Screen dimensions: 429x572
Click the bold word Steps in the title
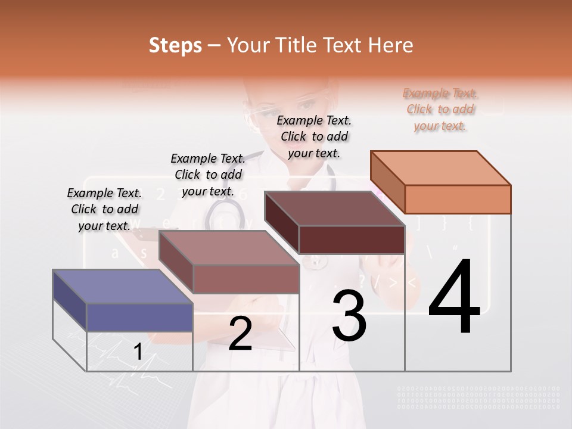point(175,45)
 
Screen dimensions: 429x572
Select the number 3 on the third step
point(349,316)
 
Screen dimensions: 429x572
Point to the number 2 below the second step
point(240,334)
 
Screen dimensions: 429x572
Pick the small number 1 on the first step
point(138,352)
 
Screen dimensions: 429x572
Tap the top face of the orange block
point(440,167)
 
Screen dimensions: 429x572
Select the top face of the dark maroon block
point(334,209)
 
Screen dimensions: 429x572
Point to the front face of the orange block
point(458,199)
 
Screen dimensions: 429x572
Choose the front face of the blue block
point(139,317)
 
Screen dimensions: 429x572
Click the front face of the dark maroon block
point(352,240)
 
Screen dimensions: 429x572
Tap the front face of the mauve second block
point(246,278)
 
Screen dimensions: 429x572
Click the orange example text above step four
point(440,109)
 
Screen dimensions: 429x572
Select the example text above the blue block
point(105,209)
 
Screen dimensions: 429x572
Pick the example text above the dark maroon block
point(314,136)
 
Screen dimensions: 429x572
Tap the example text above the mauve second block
point(208,175)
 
